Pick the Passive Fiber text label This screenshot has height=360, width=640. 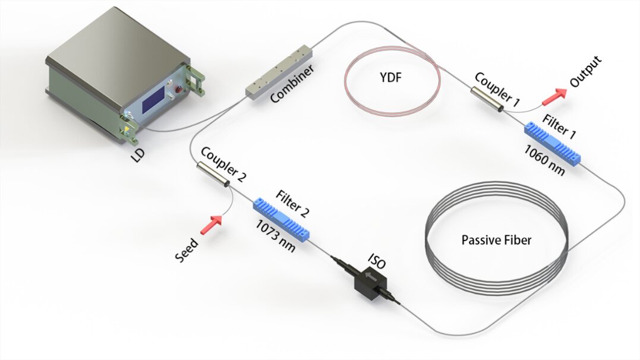point(496,241)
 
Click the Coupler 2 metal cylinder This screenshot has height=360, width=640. point(215,175)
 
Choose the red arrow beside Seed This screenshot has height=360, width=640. point(210,225)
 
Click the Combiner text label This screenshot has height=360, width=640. point(292,87)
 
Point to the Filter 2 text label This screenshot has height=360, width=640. point(292,203)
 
